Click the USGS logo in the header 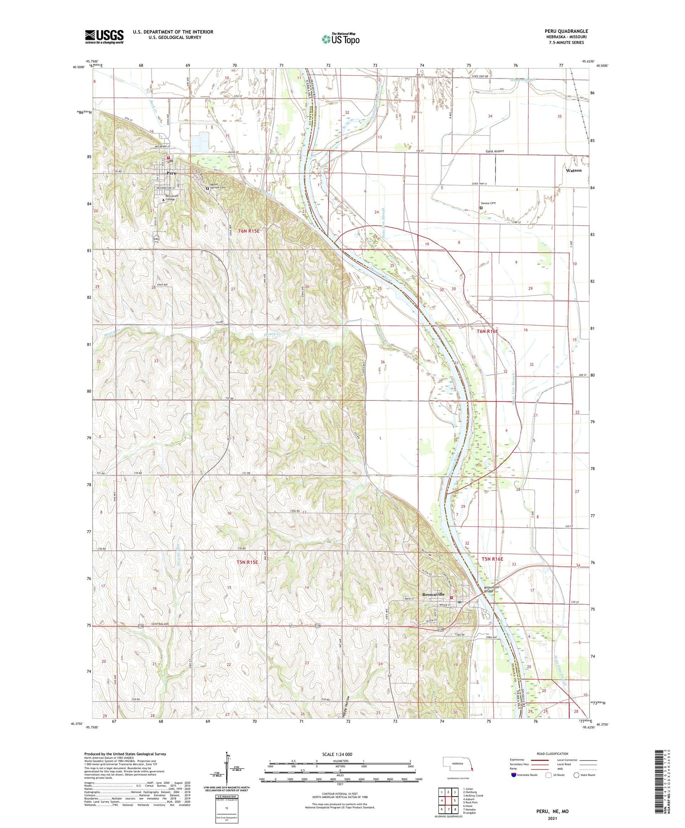pos(104,37)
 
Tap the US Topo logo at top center pos(340,39)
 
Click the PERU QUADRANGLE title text pos(566,31)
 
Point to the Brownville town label pos(433,594)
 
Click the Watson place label pos(574,170)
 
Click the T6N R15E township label pos(248,231)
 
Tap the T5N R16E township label pos(492,559)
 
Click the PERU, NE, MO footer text pos(552,812)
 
